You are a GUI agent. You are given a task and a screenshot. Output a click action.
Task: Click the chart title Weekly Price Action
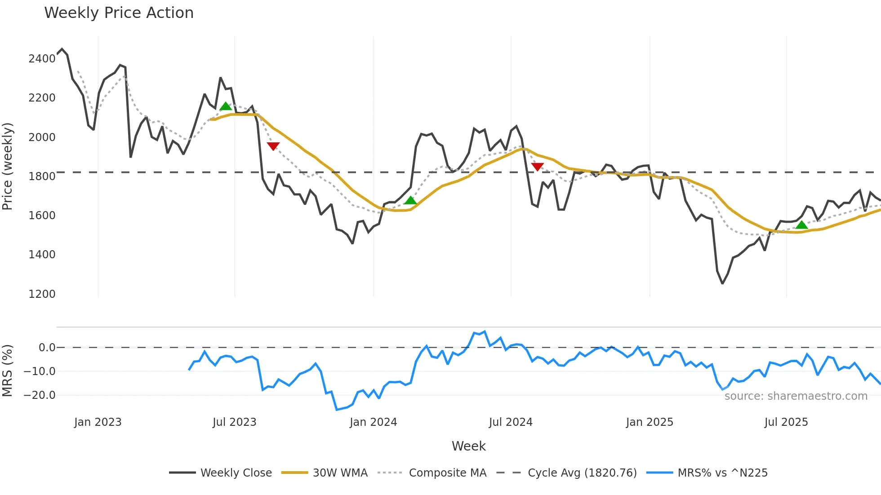(119, 13)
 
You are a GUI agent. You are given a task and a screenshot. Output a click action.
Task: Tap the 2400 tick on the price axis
(42, 59)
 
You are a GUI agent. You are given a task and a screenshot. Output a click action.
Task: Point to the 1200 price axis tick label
(42, 294)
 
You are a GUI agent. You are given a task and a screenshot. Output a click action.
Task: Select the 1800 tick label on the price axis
(42, 177)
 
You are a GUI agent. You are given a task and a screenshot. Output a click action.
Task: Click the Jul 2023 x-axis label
(234, 422)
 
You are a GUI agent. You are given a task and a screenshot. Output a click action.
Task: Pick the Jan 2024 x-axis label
(373, 422)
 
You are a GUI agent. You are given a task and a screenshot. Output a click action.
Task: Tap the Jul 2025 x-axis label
(786, 422)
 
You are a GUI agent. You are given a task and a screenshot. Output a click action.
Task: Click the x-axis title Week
(468, 446)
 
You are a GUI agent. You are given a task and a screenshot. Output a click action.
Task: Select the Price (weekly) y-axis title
(8, 166)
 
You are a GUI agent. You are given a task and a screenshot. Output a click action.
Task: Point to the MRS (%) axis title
(8, 371)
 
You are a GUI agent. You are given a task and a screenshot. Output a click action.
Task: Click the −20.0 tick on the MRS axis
(40, 395)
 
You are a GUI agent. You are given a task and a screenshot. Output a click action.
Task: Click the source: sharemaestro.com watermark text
(796, 396)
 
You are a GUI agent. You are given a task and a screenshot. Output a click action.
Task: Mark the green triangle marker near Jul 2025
(801, 225)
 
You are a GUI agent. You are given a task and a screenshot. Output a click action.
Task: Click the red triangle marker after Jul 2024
(537, 167)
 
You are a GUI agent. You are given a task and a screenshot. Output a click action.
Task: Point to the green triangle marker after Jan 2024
(410, 200)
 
